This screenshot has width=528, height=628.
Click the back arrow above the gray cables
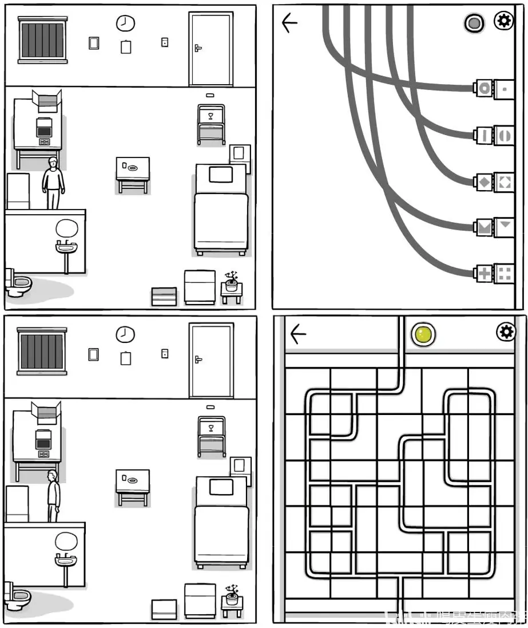[290, 23]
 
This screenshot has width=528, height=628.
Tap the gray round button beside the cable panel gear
[474, 23]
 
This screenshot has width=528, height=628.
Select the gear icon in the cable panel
[503, 22]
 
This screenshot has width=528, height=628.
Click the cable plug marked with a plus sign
[484, 274]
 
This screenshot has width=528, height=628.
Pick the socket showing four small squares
[505, 273]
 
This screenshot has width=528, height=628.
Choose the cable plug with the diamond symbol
[484, 183]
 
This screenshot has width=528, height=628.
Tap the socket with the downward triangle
[505, 226]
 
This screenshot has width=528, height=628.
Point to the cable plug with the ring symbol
[484, 88]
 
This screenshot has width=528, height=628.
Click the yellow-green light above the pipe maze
[424, 334]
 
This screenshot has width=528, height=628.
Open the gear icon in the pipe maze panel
[505, 331]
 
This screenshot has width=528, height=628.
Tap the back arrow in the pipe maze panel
[298, 334]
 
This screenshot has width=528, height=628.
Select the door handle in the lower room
[198, 359]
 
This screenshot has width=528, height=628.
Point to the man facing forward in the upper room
[53, 183]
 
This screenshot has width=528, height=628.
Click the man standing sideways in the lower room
[53, 495]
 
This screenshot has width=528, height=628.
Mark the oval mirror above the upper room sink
[67, 228]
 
